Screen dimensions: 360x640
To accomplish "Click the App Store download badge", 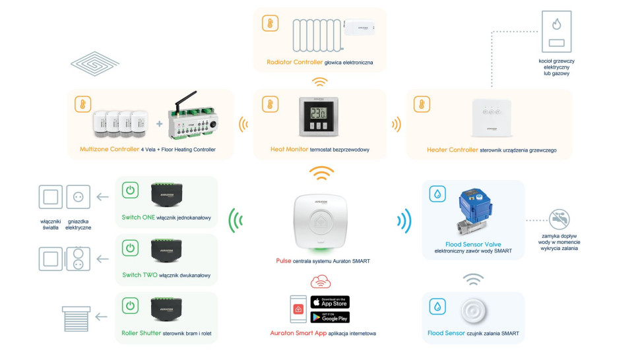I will tap(330, 302).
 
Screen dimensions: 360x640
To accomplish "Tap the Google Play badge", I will tap(330, 317).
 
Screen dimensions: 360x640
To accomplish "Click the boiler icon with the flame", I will tap(556, 31).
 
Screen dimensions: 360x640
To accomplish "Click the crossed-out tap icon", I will tap(559, 220).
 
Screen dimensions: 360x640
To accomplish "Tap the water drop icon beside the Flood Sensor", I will tap(437, 307).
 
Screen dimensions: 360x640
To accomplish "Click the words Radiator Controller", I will tap(295, 63).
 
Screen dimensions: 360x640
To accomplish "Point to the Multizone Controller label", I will tap(110, 150).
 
